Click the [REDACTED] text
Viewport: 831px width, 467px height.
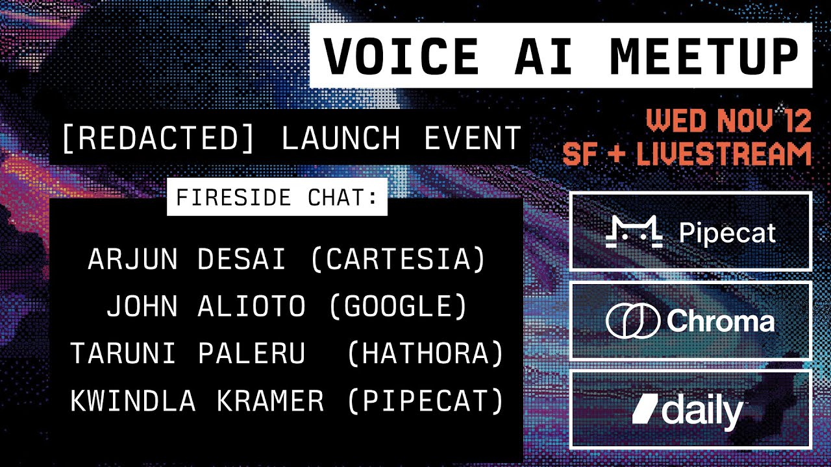pos(158,138)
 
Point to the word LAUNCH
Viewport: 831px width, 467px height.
pos(341,138)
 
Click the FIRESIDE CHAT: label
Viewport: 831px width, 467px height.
pos(277,197)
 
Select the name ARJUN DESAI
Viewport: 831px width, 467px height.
pos(187,259)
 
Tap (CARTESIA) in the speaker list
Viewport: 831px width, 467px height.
pos(398,259)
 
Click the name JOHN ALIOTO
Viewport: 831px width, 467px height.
pos(206,307)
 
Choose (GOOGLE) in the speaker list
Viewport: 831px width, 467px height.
pos(399,307)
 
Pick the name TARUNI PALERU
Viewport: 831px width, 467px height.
pos(188,354)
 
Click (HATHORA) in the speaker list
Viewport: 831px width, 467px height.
pos(426,354)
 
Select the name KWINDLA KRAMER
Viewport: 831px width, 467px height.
pos(197,401)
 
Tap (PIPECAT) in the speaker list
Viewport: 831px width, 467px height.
pos(426,401)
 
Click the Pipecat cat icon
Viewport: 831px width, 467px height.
pos(634,232)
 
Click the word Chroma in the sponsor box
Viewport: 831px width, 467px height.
pos(720,321)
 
